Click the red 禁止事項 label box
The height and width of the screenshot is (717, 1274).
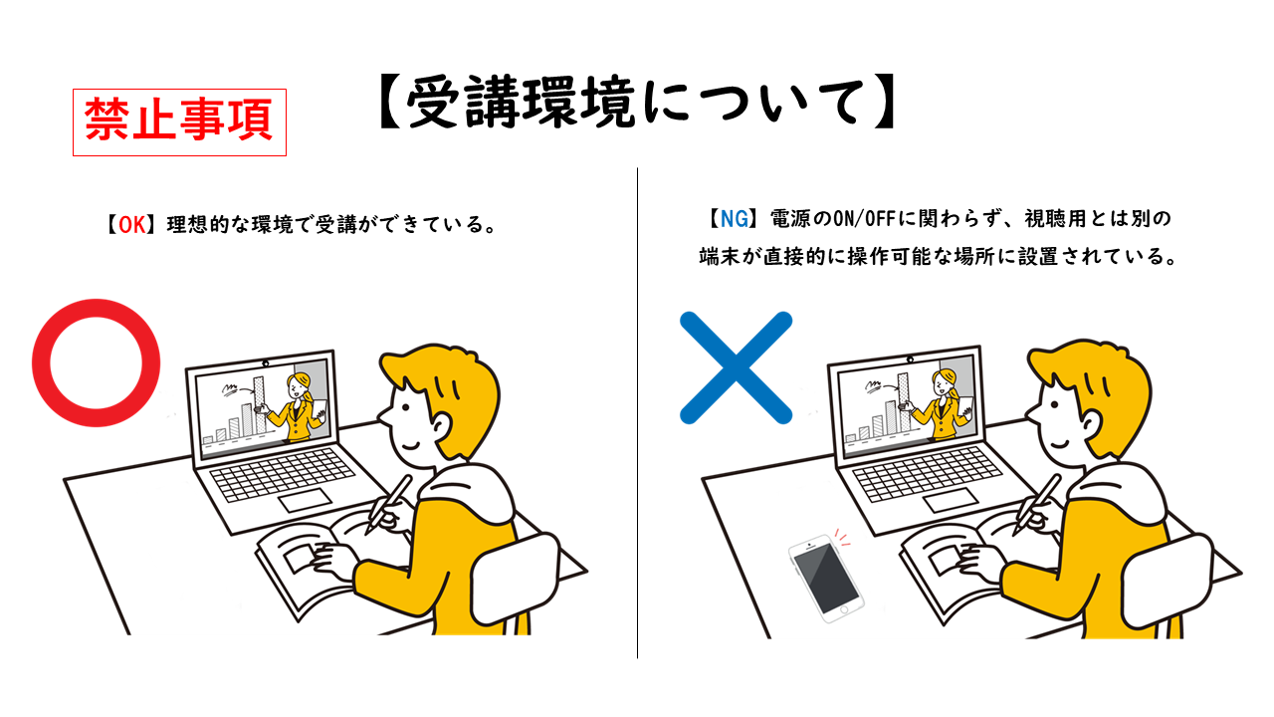pos(179,122)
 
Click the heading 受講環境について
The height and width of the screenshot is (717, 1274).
pos(637,103)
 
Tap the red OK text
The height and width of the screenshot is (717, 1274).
pos(132,225)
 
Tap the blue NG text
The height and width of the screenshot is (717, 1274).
pos(735,218)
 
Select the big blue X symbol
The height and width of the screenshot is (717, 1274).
pos(736,367)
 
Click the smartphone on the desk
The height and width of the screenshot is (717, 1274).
pos(826,579)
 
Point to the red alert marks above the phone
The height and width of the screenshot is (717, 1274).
pos(842,537)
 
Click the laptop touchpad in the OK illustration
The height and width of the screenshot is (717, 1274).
pos(305,500)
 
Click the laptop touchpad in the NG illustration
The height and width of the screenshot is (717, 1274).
pos(951,499)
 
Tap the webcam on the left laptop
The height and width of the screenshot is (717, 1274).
pos(265,363)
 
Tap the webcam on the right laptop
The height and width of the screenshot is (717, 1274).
pos(910,359)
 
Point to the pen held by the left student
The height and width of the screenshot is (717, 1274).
pos(388,505)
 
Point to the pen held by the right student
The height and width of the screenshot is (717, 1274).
pos(1036,505)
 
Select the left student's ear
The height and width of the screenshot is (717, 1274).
pos(440,424)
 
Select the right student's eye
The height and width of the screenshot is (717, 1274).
pos(1055,404)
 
